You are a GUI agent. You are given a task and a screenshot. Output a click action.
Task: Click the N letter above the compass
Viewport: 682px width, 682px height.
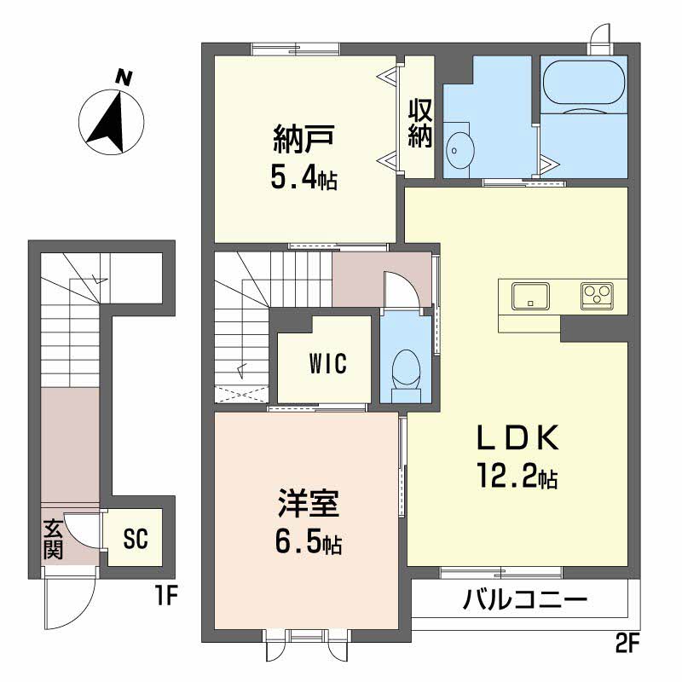point(124,78)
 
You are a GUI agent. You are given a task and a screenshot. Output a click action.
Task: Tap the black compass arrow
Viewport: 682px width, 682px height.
point(110,124)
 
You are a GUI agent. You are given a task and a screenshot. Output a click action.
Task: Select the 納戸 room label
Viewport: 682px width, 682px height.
point(303,139)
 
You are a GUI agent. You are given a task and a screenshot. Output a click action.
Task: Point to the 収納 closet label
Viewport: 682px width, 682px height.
point(420,124)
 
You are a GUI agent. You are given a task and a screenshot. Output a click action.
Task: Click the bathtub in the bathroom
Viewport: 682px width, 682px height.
point(584,82)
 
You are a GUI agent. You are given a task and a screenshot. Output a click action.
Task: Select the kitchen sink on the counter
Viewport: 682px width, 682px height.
point(530,296)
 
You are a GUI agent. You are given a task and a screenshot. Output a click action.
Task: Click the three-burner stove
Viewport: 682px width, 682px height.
point(598,296)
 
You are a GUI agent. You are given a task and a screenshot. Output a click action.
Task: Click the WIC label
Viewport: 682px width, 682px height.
point(328,364)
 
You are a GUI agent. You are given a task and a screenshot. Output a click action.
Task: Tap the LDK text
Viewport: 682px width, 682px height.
point(517,437)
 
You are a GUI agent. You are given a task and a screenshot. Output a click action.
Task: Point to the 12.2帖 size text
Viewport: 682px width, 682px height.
point(517,476)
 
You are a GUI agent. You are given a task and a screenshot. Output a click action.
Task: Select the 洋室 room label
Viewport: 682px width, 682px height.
point(309,503)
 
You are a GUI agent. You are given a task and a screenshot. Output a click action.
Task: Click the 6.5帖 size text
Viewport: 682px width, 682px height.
point(309,543)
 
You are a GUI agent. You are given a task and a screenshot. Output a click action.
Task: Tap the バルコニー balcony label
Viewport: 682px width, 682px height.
point(524,600)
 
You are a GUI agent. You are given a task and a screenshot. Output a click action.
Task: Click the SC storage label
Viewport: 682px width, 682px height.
point(136,539)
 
